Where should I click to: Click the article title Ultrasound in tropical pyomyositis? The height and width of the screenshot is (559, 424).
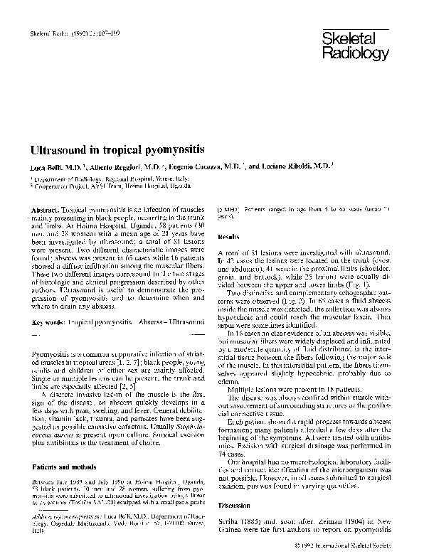(x=117, y=151)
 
